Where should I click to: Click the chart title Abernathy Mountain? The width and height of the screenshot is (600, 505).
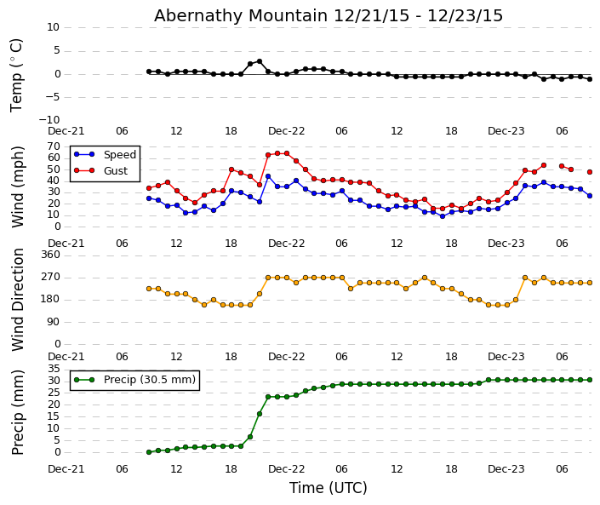[329, 15]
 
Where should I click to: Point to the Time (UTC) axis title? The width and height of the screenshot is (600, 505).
[328, 488]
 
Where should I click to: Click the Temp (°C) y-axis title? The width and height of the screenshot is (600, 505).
[17, 74]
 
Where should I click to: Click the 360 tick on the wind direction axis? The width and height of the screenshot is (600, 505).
[50, 255]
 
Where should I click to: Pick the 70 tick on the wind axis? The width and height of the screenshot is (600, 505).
[54, 146]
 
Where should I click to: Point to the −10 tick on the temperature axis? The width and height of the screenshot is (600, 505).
[49, 120]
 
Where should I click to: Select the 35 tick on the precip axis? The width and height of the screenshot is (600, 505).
[54, 369]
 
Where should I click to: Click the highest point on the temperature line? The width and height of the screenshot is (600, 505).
[259, 61]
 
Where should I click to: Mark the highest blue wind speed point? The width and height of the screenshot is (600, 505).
[268, 176]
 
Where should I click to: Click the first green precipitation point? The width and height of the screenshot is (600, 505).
[148, 452]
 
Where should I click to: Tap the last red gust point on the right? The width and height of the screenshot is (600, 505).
[589, 172]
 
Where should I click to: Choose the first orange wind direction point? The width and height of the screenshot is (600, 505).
[148, 289]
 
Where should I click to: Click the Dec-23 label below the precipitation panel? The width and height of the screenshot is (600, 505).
[506, 469]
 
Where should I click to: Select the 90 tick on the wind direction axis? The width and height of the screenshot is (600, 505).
[54, 322]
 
